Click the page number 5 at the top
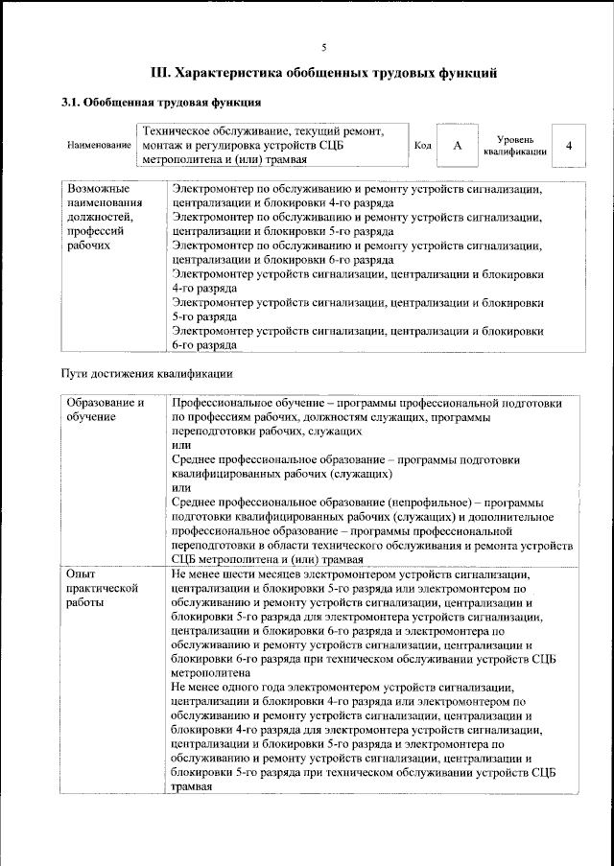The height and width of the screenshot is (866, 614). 324,48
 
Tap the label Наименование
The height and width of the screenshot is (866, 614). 99,145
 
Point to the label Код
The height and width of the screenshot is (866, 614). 421,145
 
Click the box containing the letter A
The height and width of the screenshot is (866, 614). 458,145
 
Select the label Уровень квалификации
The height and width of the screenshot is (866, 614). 515,146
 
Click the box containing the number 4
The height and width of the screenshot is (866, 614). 570,145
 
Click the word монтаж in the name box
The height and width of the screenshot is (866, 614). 162,145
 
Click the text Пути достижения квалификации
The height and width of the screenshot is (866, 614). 147,372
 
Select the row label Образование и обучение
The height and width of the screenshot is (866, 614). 106,410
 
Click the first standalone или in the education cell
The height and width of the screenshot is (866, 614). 179,446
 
